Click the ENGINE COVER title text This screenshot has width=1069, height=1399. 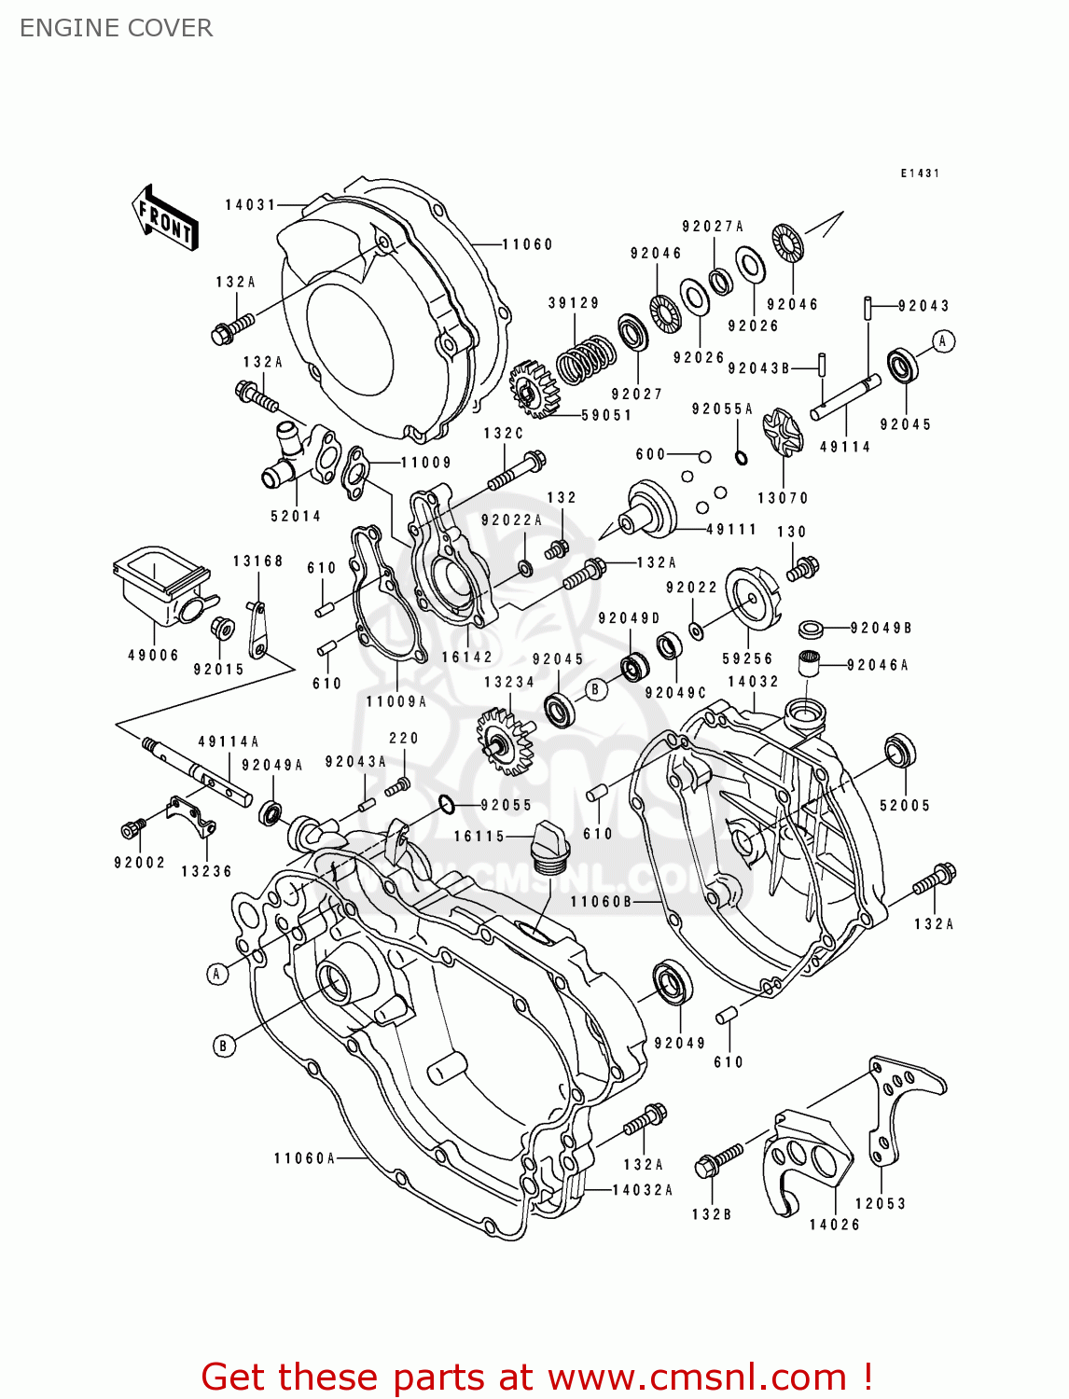click(116, 28)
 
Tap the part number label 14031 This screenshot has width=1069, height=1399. click(250, 204)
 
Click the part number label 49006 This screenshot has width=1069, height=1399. click(153, 655)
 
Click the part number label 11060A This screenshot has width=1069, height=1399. click(304, 1158)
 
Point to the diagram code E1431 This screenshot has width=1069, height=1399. click(920, 173)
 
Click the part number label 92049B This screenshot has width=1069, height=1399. click(881, 629)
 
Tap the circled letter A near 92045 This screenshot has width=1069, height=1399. click(943, 341)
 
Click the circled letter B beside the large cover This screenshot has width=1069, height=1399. click(222, 1046)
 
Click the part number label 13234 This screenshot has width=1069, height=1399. click(509, 682)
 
